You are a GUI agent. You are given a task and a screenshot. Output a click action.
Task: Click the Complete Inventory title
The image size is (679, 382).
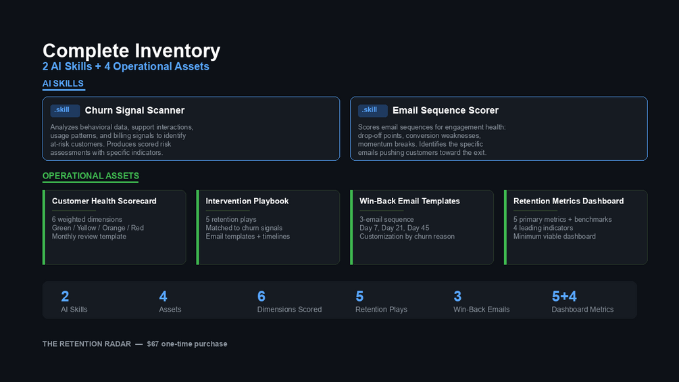pyautogui.click(x=131, y=51)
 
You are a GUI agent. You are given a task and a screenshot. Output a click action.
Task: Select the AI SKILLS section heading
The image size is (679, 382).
pyautogui.click(x=63, y=84)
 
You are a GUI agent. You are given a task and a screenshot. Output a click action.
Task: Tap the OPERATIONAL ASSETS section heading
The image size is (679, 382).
pyautogui.click(x=91, y=176)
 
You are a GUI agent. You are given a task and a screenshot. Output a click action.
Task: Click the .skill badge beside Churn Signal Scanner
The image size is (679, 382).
pyautogui.click(x=65, y=110)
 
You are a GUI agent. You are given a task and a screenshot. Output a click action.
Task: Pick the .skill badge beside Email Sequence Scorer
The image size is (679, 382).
pyautogui.click(x=372, y=110)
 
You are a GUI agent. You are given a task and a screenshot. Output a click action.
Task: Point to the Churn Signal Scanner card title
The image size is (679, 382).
pyautogui.click(x=134, y=110)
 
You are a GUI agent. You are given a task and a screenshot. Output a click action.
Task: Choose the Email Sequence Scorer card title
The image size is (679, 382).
pyautogui.click(x=445, y=110)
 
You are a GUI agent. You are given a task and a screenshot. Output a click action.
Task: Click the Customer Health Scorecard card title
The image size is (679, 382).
pyautogui.click(x=104, y=201)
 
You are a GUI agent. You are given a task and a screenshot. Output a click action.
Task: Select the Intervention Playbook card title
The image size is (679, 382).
pyautogui.click(x=247, y=201)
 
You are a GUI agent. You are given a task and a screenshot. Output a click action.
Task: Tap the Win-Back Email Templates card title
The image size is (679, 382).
pyautogui.click(x=409, y=201)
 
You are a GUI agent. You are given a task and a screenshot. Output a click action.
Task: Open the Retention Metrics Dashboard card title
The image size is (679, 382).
pyautogui.click(x=569, y=201)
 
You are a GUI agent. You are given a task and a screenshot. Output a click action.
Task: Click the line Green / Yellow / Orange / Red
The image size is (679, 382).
pyautogui.click(x=98, y=228)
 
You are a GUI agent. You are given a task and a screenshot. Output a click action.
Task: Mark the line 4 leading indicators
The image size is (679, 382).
pyautogui.click(x=543, y=228)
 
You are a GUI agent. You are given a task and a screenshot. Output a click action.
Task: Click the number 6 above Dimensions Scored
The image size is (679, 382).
pyautogui.click(x=261, y=296)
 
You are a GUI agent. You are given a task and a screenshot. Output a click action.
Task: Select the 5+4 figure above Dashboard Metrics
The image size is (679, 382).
pyautogui.click(x=564, y=296)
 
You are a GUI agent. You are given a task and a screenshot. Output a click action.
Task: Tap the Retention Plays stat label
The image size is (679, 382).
pyautogui.click(x=381, y=309)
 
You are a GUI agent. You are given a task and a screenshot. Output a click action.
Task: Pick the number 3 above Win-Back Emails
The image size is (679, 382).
pyautogui.click(x=457, y=296)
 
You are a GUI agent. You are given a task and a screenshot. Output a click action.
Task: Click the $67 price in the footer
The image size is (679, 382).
pyautogui.click(x=153, y=344)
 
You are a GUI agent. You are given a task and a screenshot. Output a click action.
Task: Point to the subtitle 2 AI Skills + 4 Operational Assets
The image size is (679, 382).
pyautogui.click(x=126, y=66)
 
